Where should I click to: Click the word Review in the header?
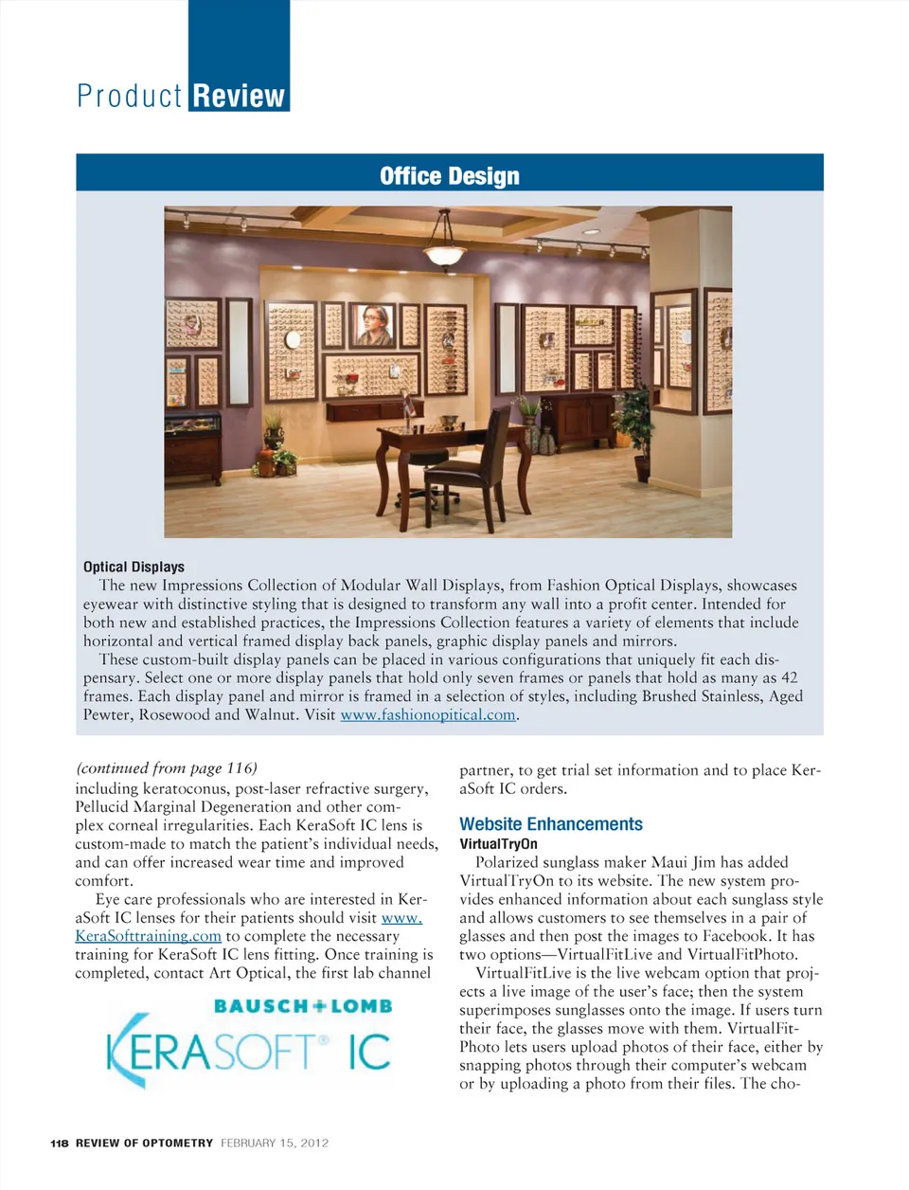pos(239,97)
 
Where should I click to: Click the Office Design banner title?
pos(450,176)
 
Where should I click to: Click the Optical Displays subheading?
pos(134,567)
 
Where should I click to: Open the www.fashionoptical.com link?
pos(428,714)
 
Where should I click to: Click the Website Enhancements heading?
pos(551,824)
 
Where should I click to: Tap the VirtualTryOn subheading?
pos(498,844)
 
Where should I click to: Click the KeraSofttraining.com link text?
pos(148,936)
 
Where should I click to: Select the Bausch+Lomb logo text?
pos(303,1006)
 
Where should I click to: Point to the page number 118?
pos(60,1144)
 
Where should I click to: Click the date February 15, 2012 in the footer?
pos(275,1144)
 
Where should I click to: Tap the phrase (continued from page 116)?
pos(167,768)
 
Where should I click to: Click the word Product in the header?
pos(130,97)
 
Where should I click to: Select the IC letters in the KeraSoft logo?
pos(369,1052)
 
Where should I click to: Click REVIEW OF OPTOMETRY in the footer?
pos(144,1144)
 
